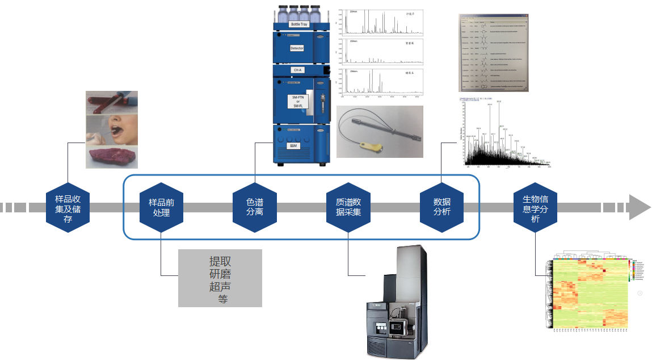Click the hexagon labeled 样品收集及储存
[68, 208]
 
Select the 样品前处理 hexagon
[161, 208]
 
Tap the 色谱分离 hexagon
[255, 208]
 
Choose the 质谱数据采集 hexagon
[348, 208]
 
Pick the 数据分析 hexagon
[441, 208]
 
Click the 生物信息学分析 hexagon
[535, 208]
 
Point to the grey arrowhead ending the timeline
[639, 207]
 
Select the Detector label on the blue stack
[297, 48]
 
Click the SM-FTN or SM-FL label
[297, 102]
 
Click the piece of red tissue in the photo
[110, 156]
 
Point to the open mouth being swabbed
[113, 128]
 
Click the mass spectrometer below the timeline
[397, 304]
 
